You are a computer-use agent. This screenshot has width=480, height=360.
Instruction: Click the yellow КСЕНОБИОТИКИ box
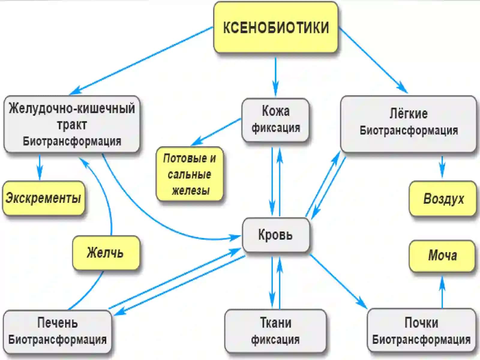tap(275, 27)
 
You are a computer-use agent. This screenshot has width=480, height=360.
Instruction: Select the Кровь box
tap(276, 235)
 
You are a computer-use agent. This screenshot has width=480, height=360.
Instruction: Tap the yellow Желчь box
tap(106, 253)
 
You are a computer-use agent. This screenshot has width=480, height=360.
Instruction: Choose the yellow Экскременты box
tap(43, 198)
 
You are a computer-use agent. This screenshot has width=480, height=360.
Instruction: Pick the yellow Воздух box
tap(442, 199)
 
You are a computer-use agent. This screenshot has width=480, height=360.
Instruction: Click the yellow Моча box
tap(442, 256)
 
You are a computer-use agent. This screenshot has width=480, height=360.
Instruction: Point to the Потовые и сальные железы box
tap(190, 174)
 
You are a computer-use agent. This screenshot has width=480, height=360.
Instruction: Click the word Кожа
tap(276, 111)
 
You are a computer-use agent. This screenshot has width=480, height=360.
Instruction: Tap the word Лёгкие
tap(409, 114)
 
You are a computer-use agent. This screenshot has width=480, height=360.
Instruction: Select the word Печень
tap(57, 322)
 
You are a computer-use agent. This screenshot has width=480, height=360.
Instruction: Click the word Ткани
tap(275, 322)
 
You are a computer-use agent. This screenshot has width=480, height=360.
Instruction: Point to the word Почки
tap(421, 322)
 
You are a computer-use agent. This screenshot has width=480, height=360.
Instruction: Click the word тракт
tap(72, 125)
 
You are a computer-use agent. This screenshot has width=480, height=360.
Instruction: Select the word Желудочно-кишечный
tap(72, 108)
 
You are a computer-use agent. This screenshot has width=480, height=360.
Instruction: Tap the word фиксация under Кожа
tap(276, 128)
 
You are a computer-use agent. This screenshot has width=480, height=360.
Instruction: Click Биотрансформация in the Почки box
tap(421, 340)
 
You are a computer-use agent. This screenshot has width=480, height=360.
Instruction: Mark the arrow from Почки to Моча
tap(442, 292)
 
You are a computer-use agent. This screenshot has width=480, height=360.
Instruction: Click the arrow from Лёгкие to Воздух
tap(442, 167)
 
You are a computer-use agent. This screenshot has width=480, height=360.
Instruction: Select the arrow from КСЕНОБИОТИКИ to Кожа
tap(275, 77)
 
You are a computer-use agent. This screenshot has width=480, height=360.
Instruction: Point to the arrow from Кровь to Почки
tap(338, 281)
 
